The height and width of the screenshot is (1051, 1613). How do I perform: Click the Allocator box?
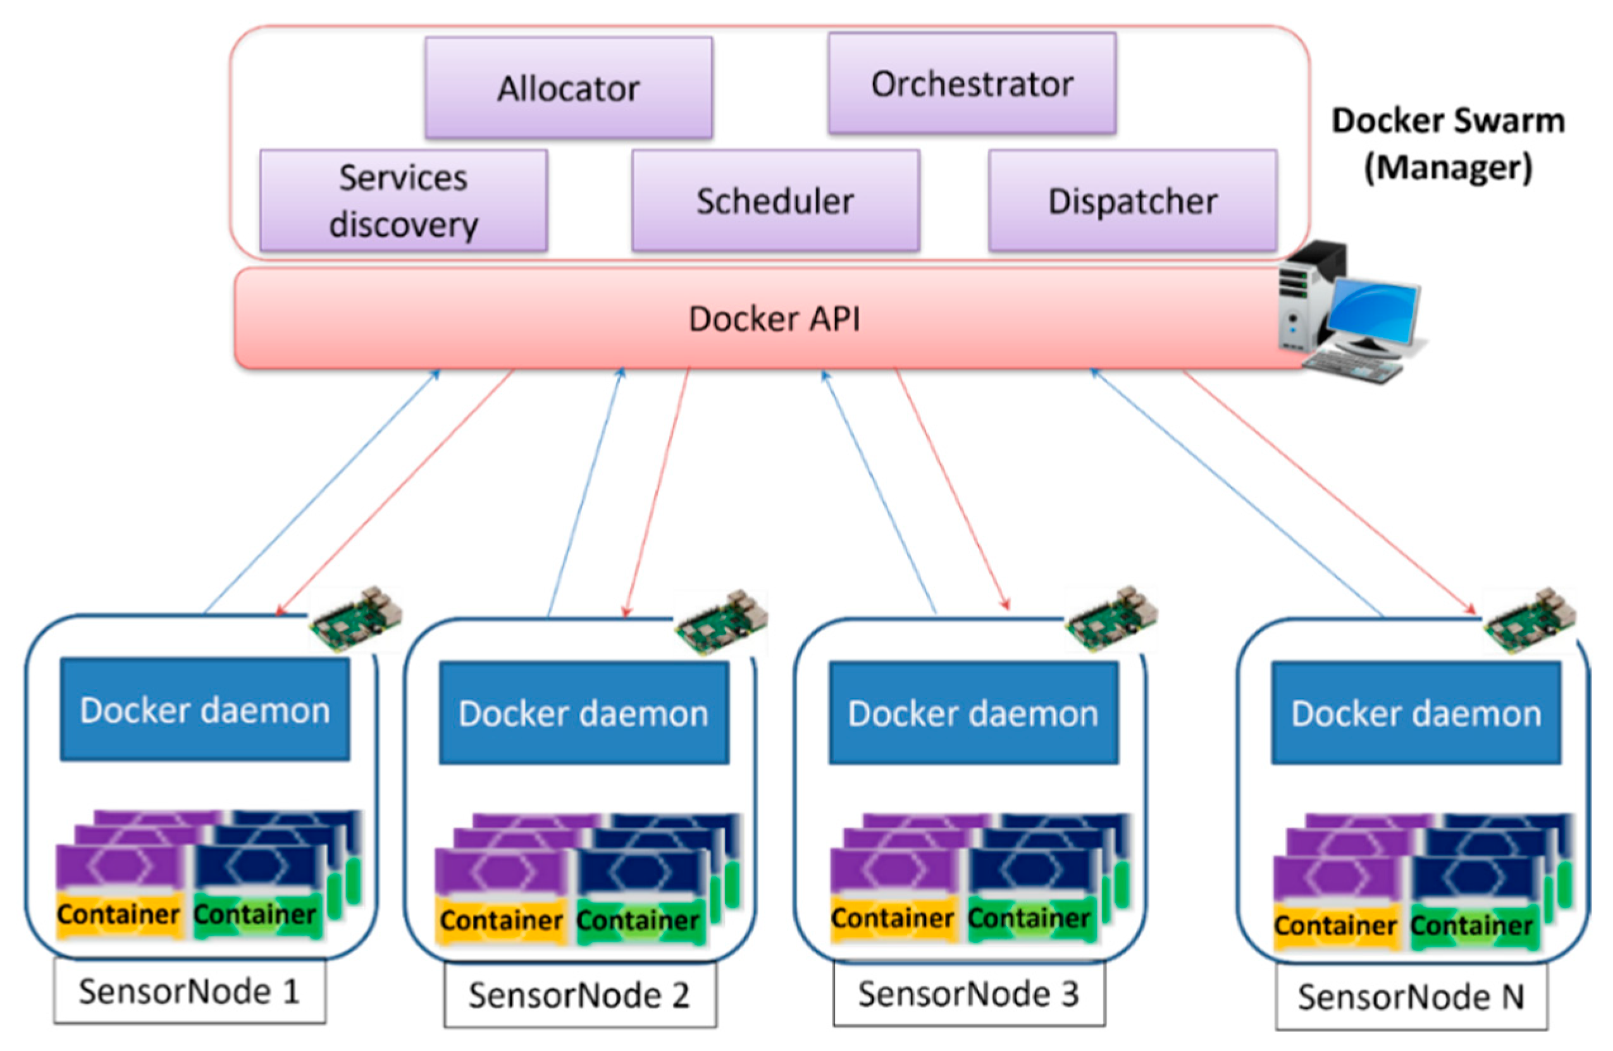point(569,88)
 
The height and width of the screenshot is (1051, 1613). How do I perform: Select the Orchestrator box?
point(972,84)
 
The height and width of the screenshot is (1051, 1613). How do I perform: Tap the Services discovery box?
point(404,201)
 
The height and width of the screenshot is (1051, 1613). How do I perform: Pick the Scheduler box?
point(776,201)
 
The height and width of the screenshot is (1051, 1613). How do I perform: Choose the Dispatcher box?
point(1132,201)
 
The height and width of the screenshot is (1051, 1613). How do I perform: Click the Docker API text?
point(775,319)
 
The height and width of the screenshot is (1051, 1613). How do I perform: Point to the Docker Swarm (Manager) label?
point(1448,144)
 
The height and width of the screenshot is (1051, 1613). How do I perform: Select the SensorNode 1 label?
point(189,992)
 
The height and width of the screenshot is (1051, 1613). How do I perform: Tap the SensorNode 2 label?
point(579,995)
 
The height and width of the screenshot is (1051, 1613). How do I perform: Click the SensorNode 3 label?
point(968,994)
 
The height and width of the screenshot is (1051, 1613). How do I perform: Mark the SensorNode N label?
point(1411,997)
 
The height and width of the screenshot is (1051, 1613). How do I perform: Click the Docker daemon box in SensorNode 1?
point(205,710)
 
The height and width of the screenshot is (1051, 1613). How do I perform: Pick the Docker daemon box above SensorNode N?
point(1416,713)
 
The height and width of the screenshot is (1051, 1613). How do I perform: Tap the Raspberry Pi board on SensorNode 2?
point(722,622)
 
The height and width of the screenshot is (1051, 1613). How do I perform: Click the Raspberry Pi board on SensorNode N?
point(1529,620)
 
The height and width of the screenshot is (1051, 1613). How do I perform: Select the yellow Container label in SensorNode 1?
point(119,915)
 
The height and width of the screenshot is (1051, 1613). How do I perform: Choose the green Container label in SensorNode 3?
point(1029,918)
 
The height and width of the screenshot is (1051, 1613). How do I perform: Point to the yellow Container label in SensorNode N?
point(1335,925)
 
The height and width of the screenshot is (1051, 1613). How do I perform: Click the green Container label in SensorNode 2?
point(638,920)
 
